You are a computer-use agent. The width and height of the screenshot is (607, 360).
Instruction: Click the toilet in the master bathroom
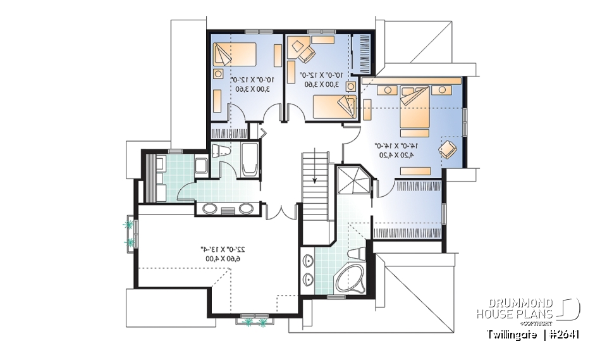357,252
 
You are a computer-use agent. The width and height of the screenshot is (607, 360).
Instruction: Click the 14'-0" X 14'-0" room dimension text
393,146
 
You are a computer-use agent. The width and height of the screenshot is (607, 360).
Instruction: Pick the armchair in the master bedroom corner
448,149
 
